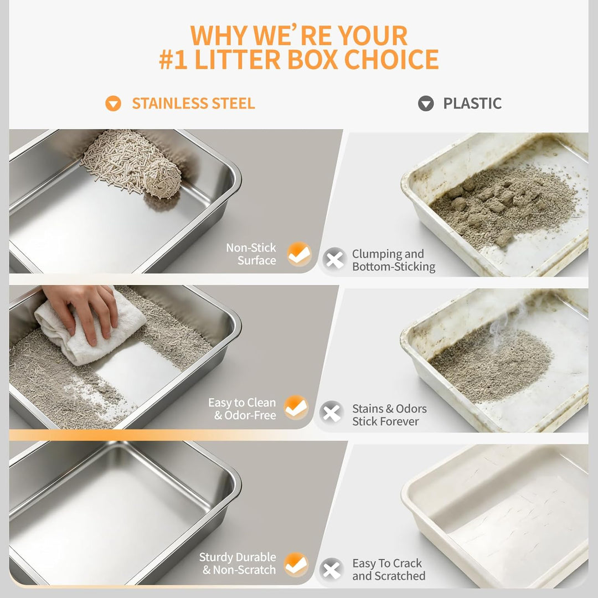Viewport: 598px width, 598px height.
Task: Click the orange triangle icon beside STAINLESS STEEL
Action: (x=113, y=104)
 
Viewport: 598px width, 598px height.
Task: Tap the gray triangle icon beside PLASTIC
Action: (x=426, y=104)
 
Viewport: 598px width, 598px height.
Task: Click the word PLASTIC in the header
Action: (x=472, y=104)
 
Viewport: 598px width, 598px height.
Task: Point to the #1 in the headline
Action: (x=173, y=59)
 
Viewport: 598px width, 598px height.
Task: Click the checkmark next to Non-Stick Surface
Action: (x=299, y=254)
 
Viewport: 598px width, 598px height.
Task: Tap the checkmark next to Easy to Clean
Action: (x=296, y=408)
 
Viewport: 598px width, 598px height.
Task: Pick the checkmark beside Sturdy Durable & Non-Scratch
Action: (x=296, y=564)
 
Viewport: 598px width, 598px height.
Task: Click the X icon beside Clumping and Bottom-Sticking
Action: (x=334, y=260)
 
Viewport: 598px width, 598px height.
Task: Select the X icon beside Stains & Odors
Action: (x=332, y=413)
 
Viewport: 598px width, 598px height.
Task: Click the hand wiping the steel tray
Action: (x=83, y=310)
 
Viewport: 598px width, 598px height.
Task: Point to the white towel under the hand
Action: (x=90, y=328)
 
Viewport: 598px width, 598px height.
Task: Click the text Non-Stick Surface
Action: (x=251, y=254)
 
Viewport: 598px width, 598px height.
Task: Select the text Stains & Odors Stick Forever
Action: (x=389, y=415)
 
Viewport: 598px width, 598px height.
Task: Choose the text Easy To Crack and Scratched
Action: (x=389, y=569)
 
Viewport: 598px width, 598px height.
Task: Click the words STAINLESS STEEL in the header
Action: (x=193, y=104)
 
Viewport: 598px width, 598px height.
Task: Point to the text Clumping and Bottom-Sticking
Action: (x=394, y=260)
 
